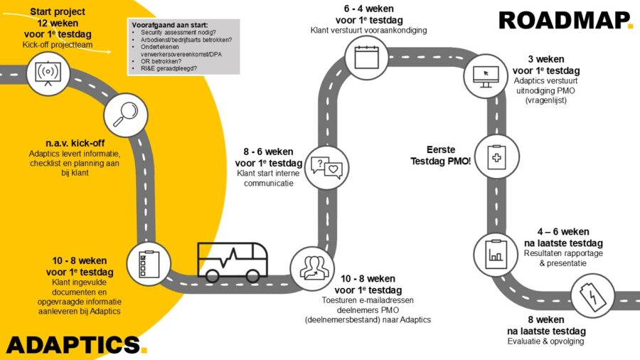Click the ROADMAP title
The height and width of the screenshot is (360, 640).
(565, 20)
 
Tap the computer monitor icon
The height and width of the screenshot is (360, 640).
(485, 75)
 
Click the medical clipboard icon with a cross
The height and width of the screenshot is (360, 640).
(496, 155)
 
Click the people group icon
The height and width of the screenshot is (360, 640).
(311, 267)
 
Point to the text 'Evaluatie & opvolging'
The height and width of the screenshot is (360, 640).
(546, 342)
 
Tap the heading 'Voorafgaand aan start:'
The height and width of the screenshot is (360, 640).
(166, 26)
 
